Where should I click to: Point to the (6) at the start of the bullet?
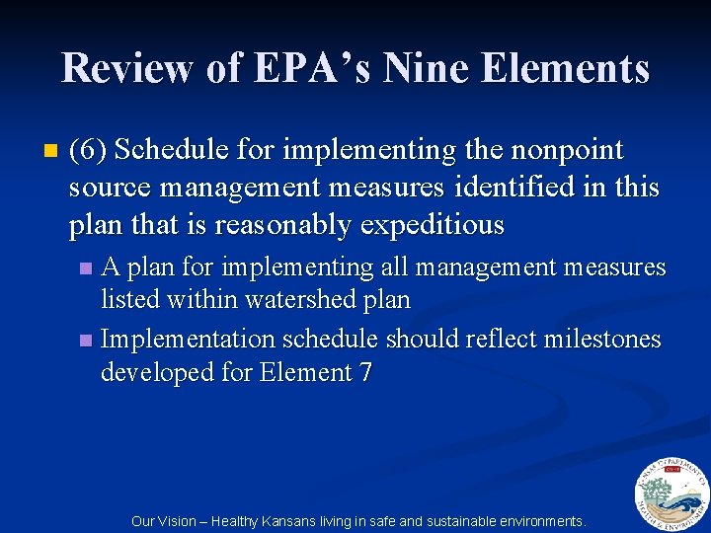click(91, 151)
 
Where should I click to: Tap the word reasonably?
click(284, 225)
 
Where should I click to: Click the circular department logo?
click(671, 494)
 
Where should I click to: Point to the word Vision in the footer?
click(180, 520)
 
